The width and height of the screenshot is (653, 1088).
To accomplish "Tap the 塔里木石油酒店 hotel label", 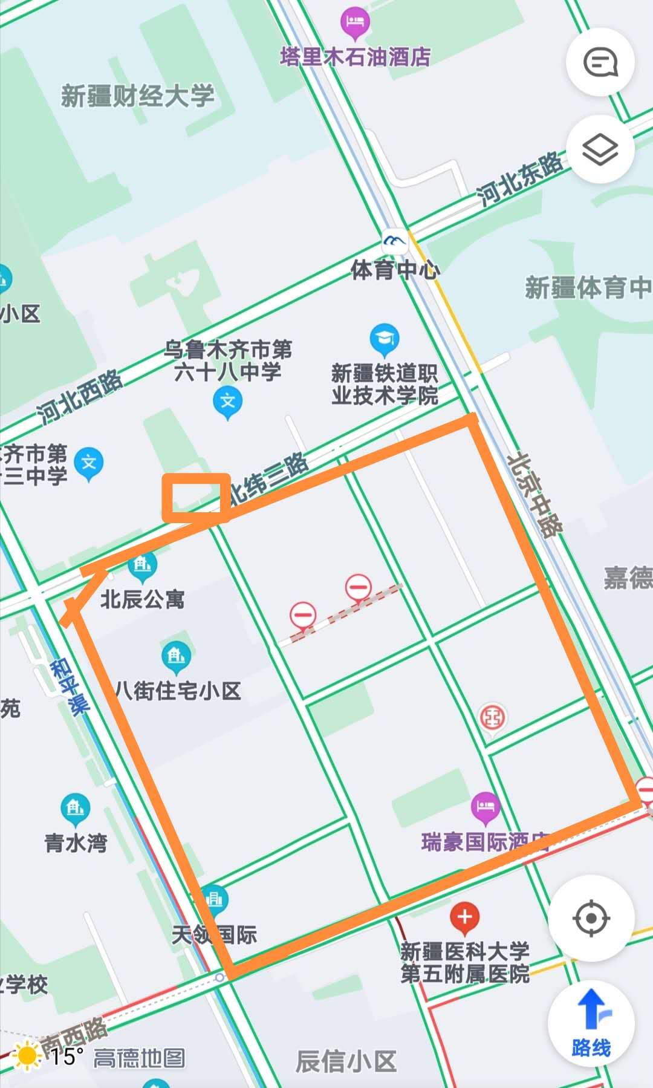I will tap(356, 57).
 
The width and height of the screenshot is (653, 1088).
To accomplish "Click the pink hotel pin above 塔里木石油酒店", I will tap(355, 23).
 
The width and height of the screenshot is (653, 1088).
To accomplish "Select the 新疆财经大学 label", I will tap(138, 96).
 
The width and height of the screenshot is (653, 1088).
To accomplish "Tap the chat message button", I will tap(600, 62).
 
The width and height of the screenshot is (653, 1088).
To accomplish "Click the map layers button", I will tap(600, 149).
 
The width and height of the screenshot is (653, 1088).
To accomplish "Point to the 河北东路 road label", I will tap(519, 178).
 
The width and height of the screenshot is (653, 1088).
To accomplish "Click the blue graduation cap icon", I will tap(385, 339).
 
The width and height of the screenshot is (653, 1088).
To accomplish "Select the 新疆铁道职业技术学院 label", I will tap(385, 384).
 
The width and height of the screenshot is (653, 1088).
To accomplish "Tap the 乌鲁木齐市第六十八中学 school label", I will tap(228, 360).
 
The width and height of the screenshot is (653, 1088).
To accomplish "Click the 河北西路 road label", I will tap(79, 397).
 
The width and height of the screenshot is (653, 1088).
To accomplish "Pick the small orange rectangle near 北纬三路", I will tap(196, 497).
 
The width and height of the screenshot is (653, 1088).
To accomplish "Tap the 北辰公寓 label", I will tap(143, 599).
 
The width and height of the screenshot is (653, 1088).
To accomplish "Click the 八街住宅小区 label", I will tap(178, 691).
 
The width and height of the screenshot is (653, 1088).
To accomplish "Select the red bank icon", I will tap(493, 718).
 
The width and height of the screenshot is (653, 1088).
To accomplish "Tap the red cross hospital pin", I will tap(464, 917).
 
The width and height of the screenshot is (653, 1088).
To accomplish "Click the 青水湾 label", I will tap(76, 842).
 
